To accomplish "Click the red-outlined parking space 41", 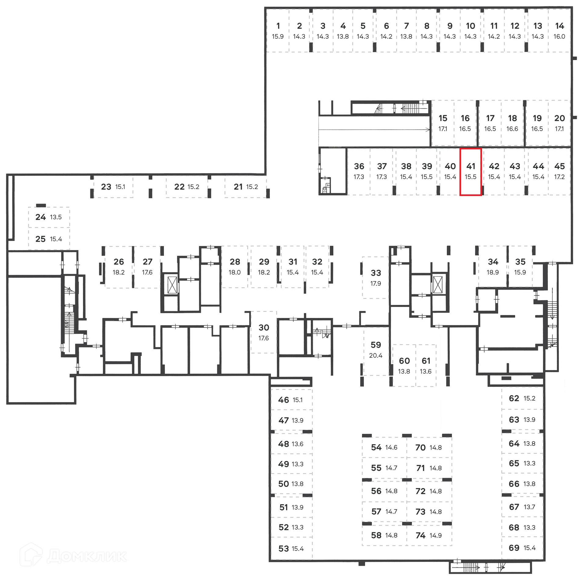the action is click(470, 172).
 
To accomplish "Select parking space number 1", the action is click(278, 30).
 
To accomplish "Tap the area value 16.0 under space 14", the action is click(559, 37).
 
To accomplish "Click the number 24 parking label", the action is click(41, 217).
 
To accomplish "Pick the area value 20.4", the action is click(375, 355).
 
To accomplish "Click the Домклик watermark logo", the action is click(73, 556).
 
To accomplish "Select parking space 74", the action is click(429, 535).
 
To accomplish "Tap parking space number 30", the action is click(264, 332).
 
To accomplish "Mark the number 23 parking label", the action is click(106, 187).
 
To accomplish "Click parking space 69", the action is click(522, 548).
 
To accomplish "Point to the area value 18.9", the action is click(493, 272).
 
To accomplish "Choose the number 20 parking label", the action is click(559, 118).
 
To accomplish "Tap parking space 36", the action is click(359, 171).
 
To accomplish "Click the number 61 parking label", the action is click(426, 361).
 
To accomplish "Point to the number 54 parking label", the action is click(376, 447).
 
